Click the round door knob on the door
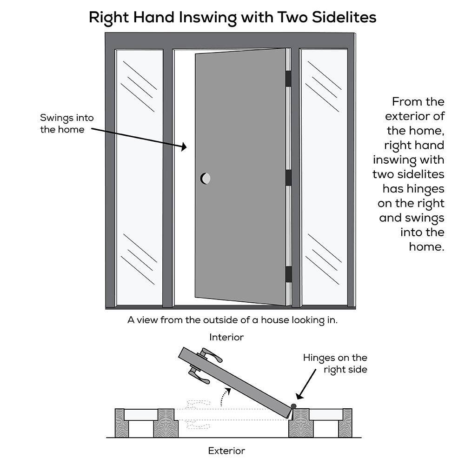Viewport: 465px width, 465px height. pos(205,178)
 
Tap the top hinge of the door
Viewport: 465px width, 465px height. pos(288,79)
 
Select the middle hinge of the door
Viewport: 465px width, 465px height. pos(288,177)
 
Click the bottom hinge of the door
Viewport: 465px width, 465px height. pos(288,274)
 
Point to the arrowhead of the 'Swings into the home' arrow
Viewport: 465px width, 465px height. pos(184,147)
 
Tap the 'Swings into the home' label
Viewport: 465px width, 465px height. pos(62,124)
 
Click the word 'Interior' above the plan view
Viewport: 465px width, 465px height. pos(226,337)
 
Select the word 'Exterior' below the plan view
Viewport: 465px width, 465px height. pos(226,451)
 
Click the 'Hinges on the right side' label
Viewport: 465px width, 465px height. pos(336,364)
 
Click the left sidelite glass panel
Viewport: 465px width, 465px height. pos(139,177)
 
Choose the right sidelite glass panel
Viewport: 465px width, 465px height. pos(324,177)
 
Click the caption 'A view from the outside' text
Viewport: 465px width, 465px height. pos(232,320)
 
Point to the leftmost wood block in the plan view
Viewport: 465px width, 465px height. pos(120,423)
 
